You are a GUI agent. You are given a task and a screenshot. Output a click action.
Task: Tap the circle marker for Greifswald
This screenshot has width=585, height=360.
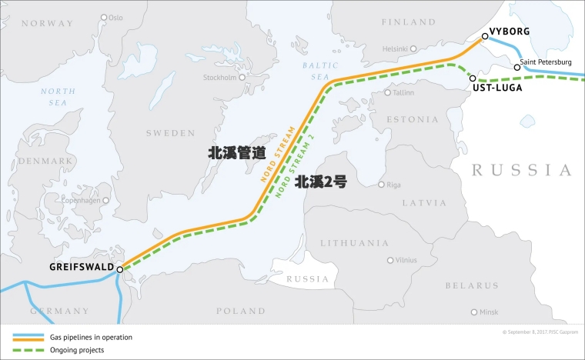click(x=120, y=269)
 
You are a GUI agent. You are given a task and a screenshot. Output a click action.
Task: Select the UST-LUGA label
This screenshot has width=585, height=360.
click(x=496, y=88)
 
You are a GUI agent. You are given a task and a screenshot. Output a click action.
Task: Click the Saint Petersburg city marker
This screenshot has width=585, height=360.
click(x=517, y=68)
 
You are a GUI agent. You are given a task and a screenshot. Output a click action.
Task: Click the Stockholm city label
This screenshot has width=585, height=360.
click(x=219, y=78)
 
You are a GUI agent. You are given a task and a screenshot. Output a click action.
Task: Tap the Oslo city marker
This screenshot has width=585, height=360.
click(x=105, y=17)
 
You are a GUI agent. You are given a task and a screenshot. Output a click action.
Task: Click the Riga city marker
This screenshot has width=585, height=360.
click(x=381, y=185)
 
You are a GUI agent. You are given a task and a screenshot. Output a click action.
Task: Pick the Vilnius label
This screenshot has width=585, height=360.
click(x=406, y=261)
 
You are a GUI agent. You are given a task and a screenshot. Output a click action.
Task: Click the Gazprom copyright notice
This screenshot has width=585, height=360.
click(x=540, y=332)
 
